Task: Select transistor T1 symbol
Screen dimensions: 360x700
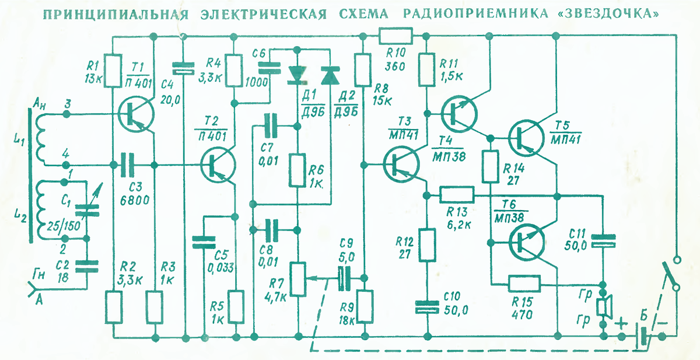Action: pos(135,115)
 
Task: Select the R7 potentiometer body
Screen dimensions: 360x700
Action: pos(297,279)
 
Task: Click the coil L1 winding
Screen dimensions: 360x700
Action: pos(41,139)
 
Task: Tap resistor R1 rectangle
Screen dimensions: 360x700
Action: pos(113,71)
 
